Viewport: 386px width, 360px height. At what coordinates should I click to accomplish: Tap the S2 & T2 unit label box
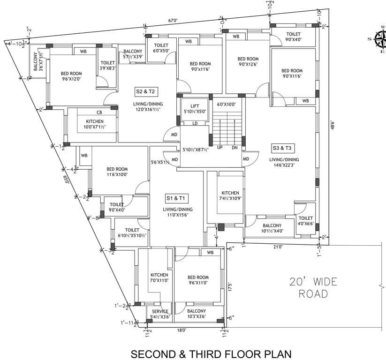(x=145, y=91)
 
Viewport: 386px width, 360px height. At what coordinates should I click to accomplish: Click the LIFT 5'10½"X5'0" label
(x=191, y=109)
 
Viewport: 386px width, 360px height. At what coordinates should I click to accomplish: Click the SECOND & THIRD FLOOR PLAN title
(x=211, y=352)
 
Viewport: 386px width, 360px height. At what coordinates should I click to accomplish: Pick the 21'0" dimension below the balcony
(x=278, y=247)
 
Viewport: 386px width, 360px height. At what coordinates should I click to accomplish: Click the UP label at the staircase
(x=219, y=147)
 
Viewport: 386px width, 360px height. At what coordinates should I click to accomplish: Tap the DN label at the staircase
(x=235, y=147)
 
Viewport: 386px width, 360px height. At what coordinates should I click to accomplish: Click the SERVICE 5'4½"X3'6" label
(x=159, y=314)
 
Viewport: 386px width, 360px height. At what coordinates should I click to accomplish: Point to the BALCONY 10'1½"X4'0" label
(x=272, y=227)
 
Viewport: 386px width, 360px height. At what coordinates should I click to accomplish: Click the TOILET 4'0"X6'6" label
(x=305, y=221)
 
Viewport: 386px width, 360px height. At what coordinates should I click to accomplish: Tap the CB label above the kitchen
(x=99, y=112)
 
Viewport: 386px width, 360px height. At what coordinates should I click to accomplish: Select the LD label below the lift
(x=194, y=124)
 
